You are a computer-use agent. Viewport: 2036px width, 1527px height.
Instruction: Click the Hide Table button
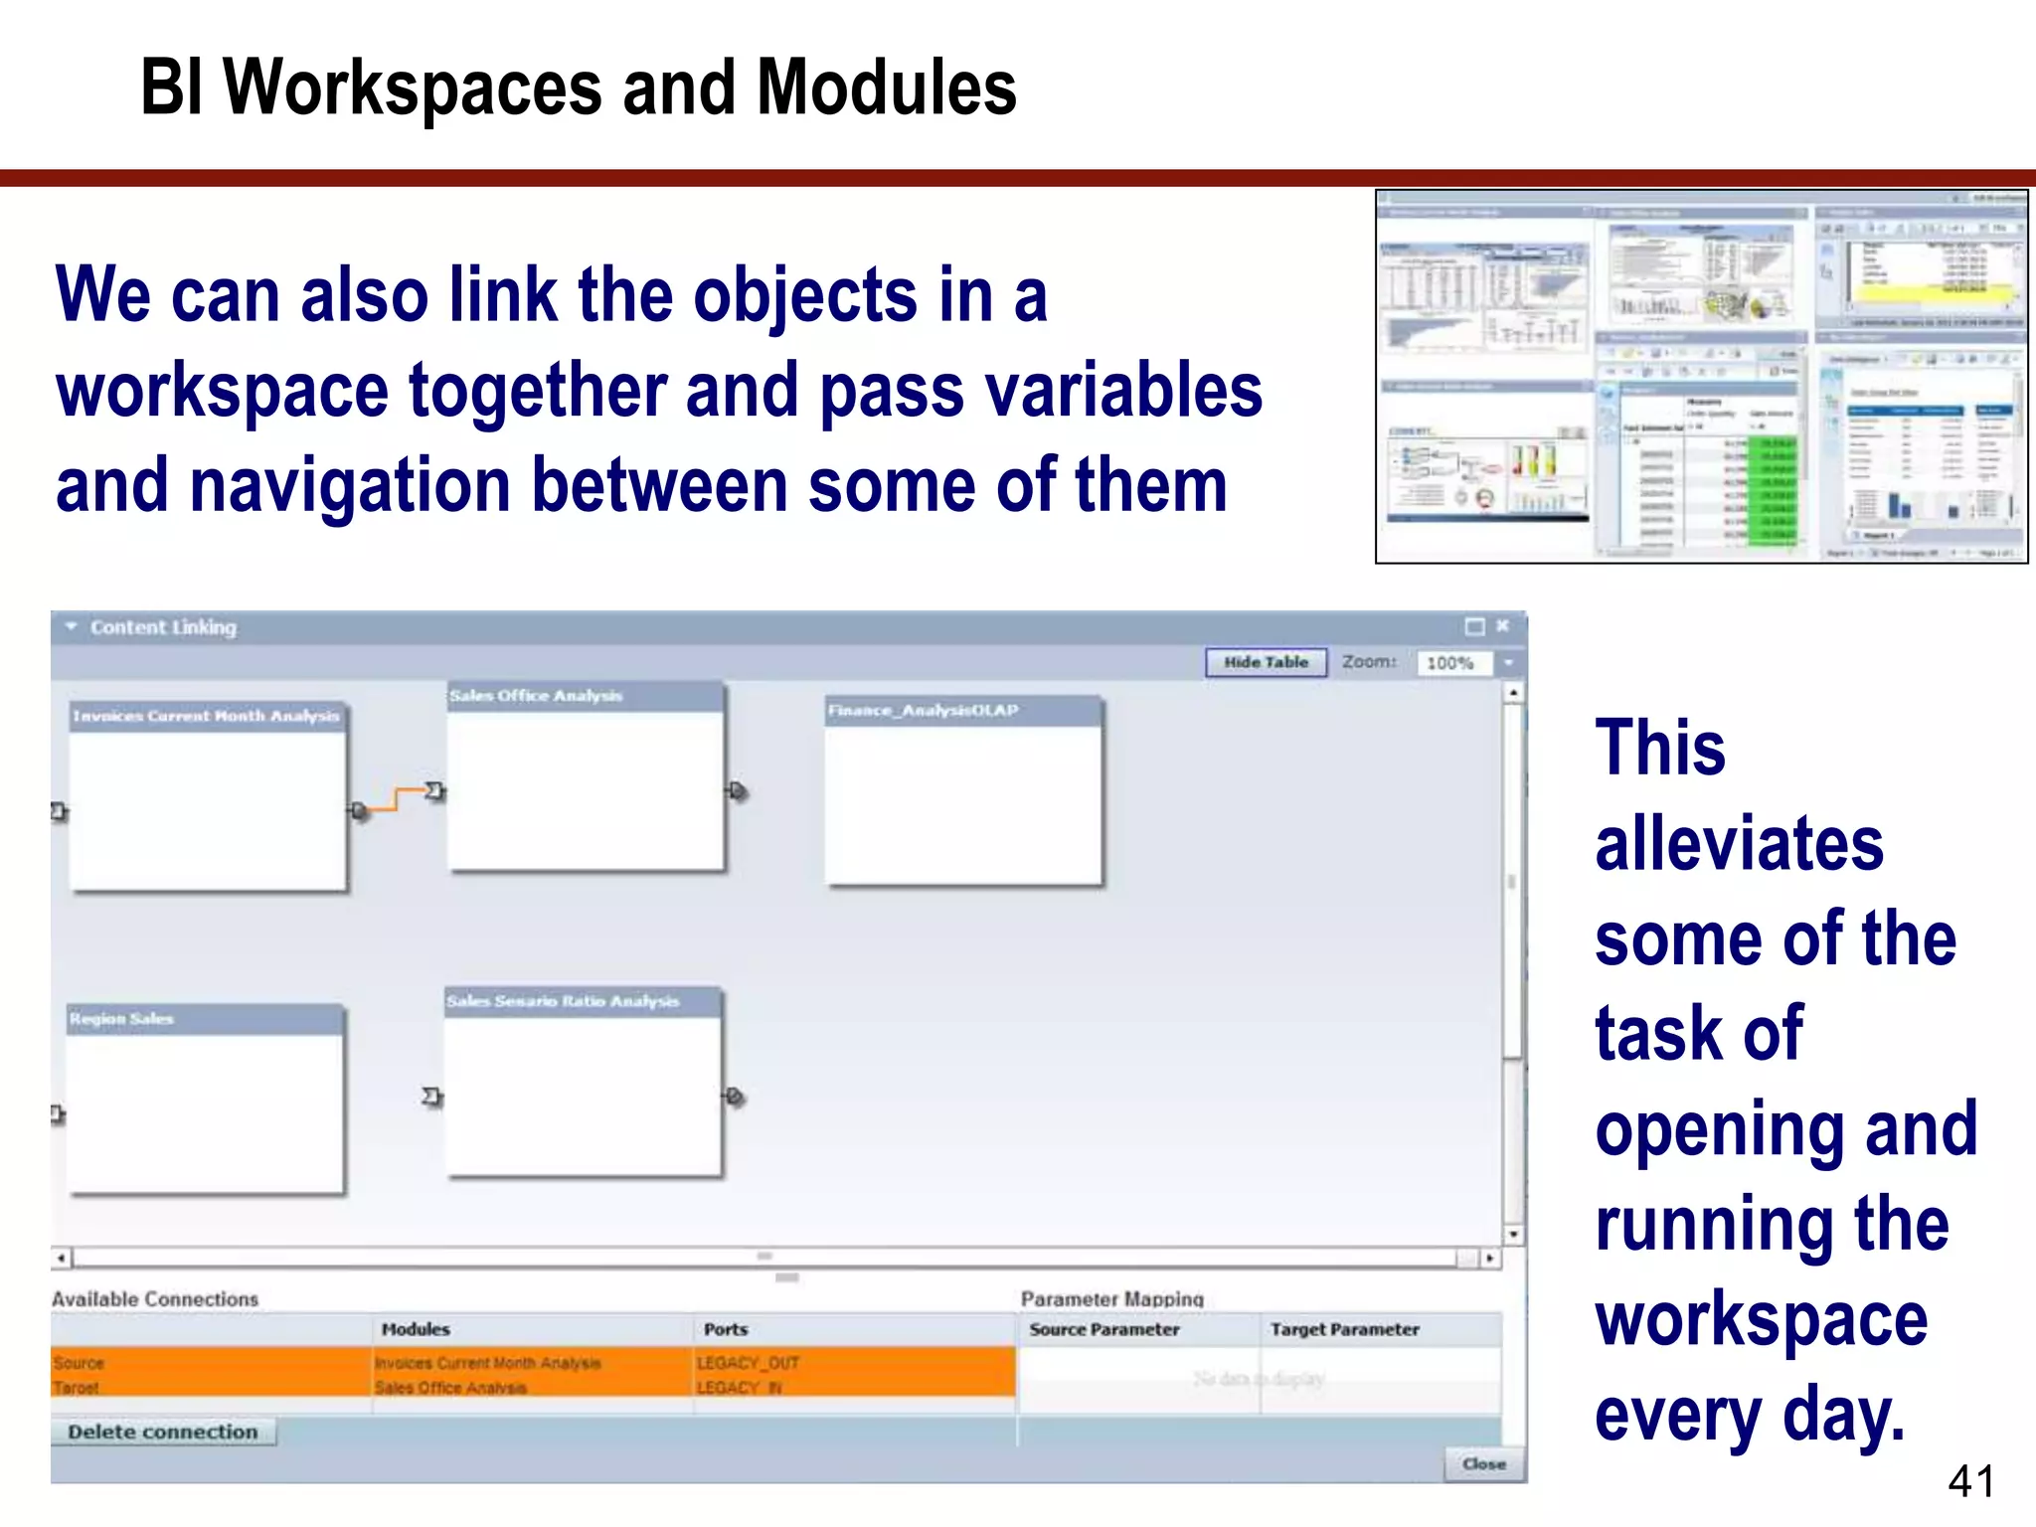(x=1266, y=662)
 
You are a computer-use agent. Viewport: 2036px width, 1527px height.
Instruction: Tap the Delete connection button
(x=163, y=1432)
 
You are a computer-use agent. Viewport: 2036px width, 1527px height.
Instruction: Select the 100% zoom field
(x=1452, y=663)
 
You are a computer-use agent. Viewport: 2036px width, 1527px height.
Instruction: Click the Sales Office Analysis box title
(x=537, y=696)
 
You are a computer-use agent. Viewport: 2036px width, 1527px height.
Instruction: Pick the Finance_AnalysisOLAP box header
(x=924, y=710)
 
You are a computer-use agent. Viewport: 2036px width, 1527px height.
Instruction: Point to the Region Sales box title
(x=121, y=1019)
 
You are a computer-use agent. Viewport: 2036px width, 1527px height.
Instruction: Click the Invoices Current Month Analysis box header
(x=207, y=716)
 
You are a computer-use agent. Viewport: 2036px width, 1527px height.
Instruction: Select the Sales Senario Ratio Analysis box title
(x=563, y=1001)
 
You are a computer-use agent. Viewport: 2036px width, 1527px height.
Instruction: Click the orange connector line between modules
(x=397, y=799)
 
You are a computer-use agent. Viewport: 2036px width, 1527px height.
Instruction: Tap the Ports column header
(x=726, y=1329)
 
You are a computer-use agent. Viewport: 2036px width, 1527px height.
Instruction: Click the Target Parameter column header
(x=1344, y=1329)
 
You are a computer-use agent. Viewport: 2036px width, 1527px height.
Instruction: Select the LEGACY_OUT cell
(x=748, y=1363)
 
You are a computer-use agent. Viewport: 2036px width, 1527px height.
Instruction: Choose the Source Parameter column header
(x=1104, y=1329)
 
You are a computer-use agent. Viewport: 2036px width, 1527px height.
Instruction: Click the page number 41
(x=1970, y=1481)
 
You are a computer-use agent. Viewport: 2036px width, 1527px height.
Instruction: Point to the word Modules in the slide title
(x=887, y=87)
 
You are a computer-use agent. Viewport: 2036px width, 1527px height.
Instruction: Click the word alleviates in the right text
(x=1739, y=843)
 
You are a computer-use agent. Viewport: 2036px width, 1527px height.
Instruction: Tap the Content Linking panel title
(x=163, y=627)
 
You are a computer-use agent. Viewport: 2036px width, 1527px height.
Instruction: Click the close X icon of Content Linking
(x=1502, y=625)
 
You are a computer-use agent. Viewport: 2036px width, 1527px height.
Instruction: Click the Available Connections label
(x=155, y=1299)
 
